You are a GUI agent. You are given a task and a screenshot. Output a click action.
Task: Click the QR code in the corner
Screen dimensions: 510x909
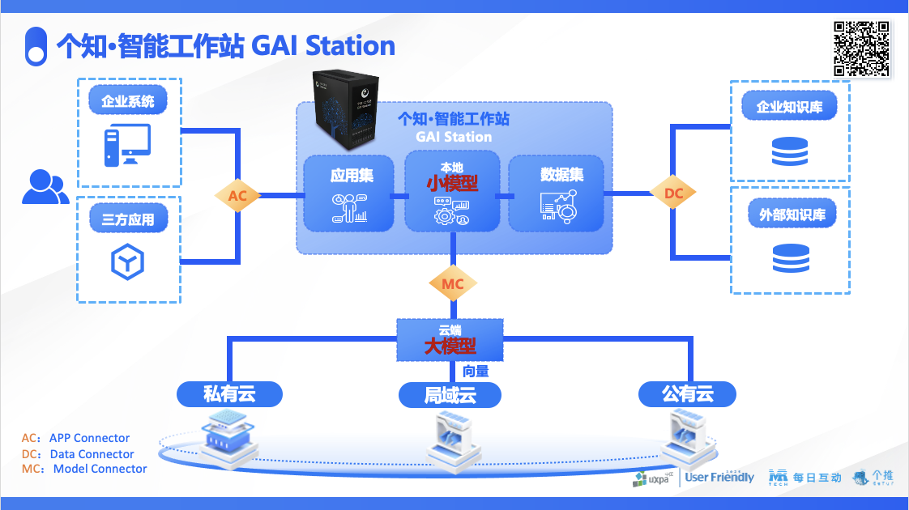tap(862, 49)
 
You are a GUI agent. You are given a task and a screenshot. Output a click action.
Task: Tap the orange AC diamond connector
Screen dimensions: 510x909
tap(237, 195)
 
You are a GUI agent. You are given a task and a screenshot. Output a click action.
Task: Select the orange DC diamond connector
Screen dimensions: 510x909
tap(673, 193)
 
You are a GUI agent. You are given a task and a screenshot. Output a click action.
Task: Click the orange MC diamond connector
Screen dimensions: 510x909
tap(453, 283)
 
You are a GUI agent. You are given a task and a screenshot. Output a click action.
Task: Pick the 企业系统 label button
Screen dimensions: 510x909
tap(128, 102)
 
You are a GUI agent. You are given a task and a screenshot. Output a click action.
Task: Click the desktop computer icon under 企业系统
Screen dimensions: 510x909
tap(127, 147)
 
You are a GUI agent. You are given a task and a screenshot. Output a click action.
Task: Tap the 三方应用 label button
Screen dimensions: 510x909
tap(128, 219)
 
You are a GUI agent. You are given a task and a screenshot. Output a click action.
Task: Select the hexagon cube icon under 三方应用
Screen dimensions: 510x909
tap(127, 261)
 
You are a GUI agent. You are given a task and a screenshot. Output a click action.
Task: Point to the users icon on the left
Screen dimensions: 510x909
tap(45, 187)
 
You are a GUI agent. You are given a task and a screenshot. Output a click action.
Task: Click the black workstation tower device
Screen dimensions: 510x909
tap(346, 111)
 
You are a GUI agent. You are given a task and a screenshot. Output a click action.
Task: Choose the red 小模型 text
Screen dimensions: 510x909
tap(452, 183)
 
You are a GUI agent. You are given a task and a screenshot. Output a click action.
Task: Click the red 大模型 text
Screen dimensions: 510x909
tap(450, 346)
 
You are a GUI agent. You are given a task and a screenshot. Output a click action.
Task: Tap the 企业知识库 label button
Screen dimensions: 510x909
tap(790, 106)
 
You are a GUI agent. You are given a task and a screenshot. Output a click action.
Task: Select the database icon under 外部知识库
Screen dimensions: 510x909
tap(790, 258)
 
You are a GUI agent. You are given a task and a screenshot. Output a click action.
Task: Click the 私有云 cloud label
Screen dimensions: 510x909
tap(229, 394)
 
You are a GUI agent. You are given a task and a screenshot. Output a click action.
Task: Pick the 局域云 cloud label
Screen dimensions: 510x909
tap(450, 395)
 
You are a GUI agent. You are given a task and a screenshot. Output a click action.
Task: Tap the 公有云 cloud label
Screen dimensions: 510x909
tap(687, 394)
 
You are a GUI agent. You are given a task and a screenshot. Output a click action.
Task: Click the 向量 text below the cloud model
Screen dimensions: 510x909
tap(476, 372)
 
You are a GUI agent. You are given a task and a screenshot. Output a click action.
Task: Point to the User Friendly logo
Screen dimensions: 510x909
tap(719, 477)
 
